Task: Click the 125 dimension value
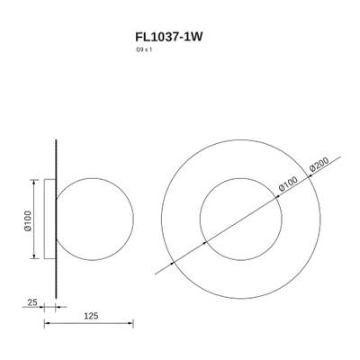tap(87, 315)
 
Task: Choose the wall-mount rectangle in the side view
tap(49, 219)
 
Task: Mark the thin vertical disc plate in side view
tap(57, 219)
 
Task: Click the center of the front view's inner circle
tap(242, 218)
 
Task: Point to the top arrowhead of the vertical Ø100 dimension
tap(38, 180)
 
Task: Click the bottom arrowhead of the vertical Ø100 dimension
tap(38, 258)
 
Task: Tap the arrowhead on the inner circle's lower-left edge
tap(206, 242)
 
